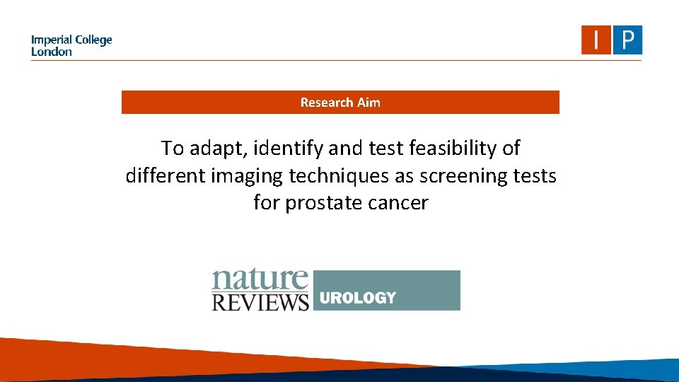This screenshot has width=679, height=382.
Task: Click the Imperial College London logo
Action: coord(71,45)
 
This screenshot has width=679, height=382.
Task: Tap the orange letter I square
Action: coord(596,40)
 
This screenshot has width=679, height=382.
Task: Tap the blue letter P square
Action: coord(627,40)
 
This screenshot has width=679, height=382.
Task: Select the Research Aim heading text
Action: coord(340,103)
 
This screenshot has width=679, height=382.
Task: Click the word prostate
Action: coord(326,204)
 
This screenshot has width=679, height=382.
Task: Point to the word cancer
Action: coord(398,204)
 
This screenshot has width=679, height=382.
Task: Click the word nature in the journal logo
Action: coord(260,281)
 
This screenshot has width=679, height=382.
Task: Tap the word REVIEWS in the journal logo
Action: coord(260,301)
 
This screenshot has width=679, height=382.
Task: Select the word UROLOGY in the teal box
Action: coord(357,298)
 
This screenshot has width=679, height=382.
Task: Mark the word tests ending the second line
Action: coord(538,176)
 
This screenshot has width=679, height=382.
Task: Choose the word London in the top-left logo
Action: coord(51,52)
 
